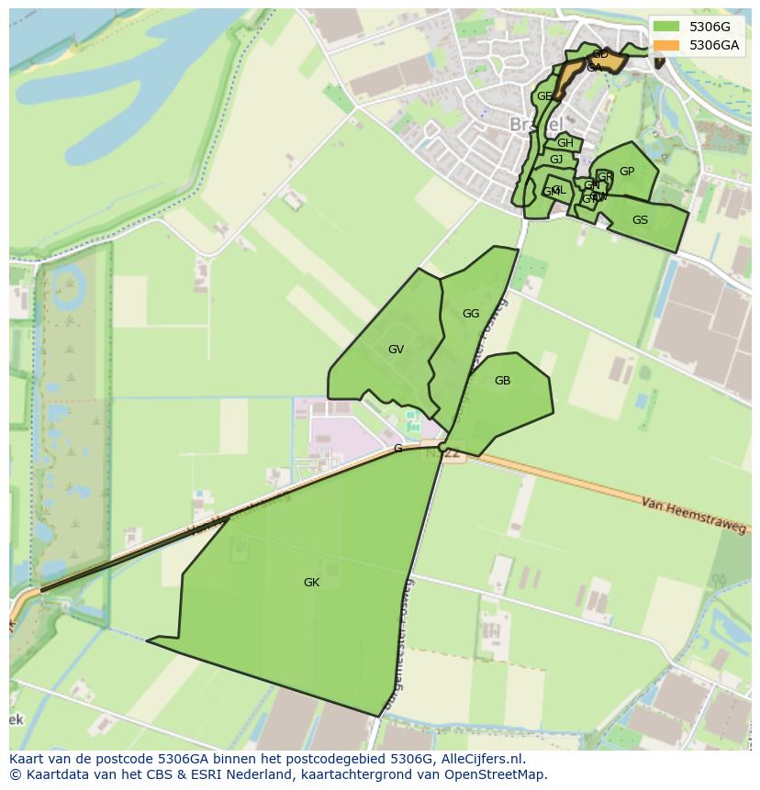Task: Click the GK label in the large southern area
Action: (312, 583)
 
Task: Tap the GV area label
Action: (396, 350)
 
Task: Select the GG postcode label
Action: (471, 314)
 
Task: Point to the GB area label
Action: (502, 381)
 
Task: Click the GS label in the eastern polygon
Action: (640, 220)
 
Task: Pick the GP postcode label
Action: (627, 172)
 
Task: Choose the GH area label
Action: (565, 143)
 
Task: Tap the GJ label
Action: (556, 160)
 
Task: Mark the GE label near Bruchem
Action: (544, 96)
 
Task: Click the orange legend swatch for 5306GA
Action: (667, 46)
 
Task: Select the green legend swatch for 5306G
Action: (667, 27)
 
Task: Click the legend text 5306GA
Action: (714, 46)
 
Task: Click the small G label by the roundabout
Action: (397, 449)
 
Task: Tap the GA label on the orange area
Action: (594, 68)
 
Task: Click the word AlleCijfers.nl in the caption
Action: (481, 759)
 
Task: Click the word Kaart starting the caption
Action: (28, 759)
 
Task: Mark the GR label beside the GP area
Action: (605, 177)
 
